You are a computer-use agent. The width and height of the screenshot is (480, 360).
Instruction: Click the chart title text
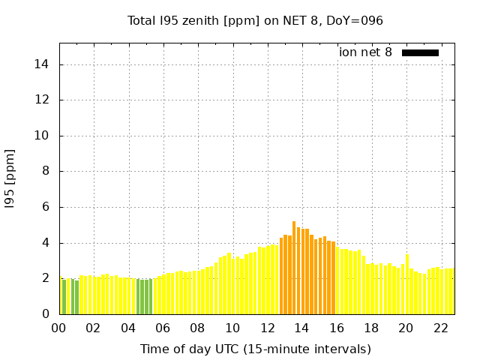[255, 20]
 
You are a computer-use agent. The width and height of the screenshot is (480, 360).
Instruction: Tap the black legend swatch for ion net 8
[420, 52]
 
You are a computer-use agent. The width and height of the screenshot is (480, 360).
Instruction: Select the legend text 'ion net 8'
[365, 52]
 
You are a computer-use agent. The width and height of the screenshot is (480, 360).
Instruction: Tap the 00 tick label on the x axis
[59, 328]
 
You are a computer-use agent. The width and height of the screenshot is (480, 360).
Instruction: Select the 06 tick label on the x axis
[163, 328]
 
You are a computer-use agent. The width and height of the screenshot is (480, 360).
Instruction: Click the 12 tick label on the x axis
[267, 328]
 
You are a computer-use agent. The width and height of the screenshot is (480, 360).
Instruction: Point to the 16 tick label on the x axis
[336, 328]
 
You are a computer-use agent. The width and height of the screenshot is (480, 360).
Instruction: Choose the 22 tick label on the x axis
[440, 328]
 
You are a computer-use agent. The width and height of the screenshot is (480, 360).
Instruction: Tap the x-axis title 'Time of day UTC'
[255, 349]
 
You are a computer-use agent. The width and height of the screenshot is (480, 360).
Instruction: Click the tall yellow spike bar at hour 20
[407, 284]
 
